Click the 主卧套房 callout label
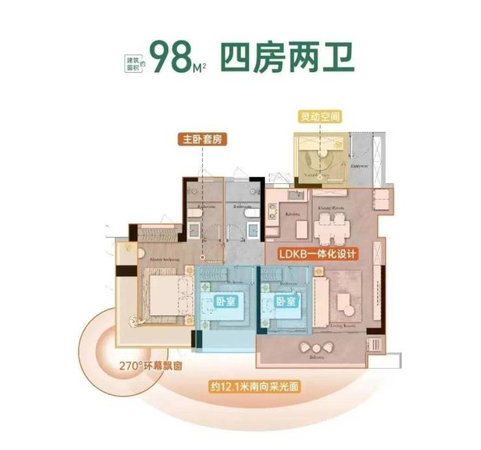pos(201,139)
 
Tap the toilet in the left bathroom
pos(192,213)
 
